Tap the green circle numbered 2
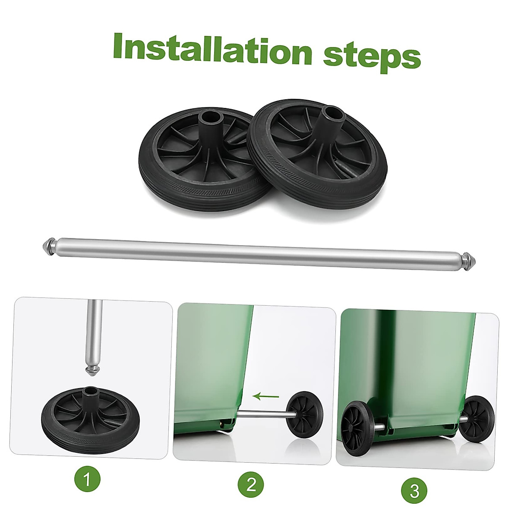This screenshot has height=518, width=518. (252, 484)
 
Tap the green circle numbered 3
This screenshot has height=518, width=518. (415, 490)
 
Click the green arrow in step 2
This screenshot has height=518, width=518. (265, 395)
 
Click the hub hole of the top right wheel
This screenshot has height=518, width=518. (334, 113)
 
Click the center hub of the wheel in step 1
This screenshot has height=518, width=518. (92, 392)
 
